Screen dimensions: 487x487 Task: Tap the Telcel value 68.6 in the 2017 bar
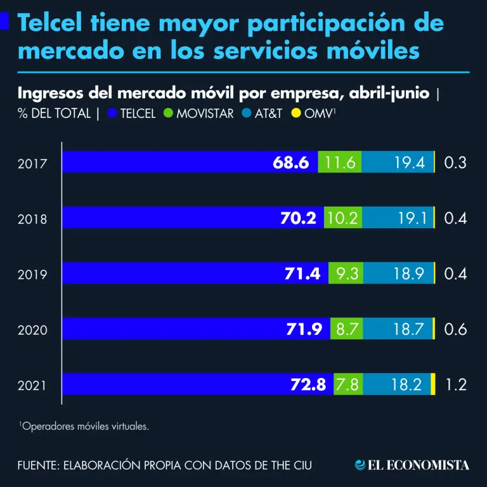point(290,162)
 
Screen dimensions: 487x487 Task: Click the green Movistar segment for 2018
point(343,218)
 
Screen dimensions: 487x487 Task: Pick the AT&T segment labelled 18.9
point(399,273)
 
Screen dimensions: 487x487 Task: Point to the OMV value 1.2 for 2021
point(455,384)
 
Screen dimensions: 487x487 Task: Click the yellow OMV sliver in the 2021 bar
point(433,384)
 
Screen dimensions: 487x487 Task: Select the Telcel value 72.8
point(308,384)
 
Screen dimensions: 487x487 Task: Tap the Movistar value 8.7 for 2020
point(346,329)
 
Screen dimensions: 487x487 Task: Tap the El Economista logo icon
point(360,465)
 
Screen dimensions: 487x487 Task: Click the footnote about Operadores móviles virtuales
point(84,427)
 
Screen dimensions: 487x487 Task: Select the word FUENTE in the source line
point(39,465)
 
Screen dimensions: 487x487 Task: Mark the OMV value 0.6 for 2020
point(455,329)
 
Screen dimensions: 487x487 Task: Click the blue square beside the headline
point(4,22)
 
